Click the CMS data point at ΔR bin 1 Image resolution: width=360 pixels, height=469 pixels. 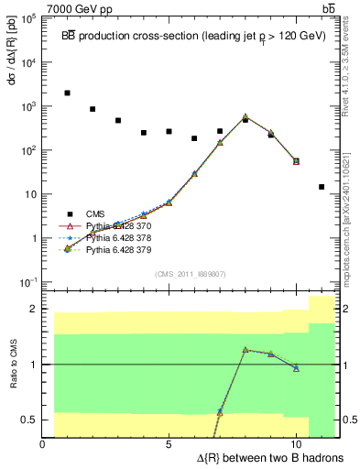point(68,93)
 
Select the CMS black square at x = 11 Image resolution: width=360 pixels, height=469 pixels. point(322,187)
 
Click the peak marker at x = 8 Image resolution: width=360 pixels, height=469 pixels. point(245,117)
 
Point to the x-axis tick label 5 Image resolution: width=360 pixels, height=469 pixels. point(169,444)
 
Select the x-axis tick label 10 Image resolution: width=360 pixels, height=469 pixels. point(296,444)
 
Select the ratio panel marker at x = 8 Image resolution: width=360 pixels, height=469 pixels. point(245,349)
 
